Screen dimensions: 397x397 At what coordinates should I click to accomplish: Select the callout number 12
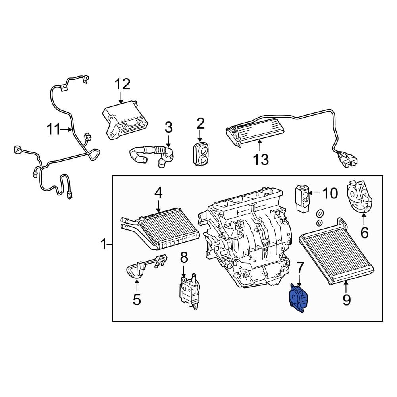click(122, 85)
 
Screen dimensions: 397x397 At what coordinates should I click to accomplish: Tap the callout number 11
click(55, 129)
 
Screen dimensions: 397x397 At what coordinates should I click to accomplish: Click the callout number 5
click(137, 300)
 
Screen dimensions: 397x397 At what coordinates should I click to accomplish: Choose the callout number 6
click(364, 232)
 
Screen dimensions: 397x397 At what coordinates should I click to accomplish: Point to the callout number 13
click(261, 160)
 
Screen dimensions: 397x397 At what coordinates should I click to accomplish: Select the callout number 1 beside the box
click(104, 245)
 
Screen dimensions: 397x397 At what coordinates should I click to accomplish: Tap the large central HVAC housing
click(246, 242)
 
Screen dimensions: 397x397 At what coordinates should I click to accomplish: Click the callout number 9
click(347, 300)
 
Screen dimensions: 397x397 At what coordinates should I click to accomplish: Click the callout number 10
click(329, 193)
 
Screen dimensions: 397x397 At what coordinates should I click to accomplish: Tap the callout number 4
click(158, 193)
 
